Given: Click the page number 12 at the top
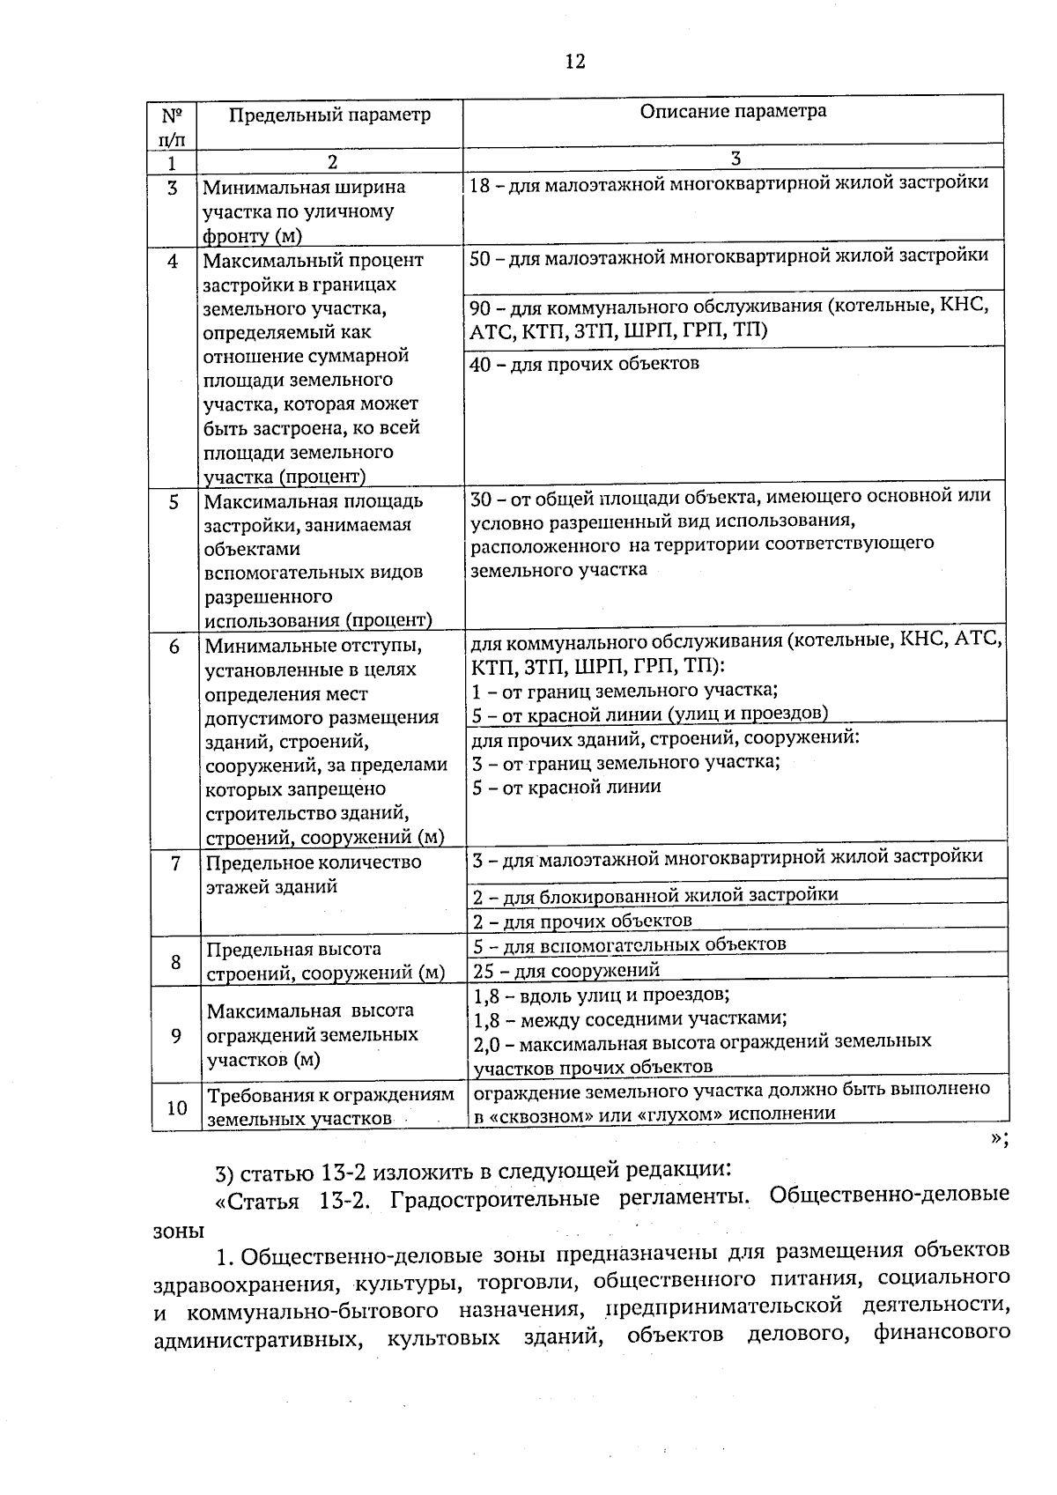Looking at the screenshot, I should (x=573, y=61).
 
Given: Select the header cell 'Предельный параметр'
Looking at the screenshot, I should (x=330, y=115).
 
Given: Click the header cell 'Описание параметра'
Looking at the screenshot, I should (x=733, y=111).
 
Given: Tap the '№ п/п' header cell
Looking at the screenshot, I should (x=173, y=127).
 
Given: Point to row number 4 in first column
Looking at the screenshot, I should (x=173, y=262).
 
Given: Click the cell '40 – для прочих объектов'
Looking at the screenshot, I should (x=585, y=364).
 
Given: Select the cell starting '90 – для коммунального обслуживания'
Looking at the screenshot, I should (x=728, y=318).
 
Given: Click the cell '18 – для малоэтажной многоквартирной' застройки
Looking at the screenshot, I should (x=728, y=184).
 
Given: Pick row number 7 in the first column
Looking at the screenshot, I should (x=176, y=863).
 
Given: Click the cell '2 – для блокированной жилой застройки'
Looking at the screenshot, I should (x=655, y=896).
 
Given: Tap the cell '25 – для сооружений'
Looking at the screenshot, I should (x=566, y=971).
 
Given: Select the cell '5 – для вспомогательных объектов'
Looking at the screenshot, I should (x=629, y=944).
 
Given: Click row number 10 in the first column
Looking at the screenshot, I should (x=177, y=1107).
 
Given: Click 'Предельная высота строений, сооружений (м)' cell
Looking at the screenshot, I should (x=325, y=961).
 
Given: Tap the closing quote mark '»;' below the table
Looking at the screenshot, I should (x=999, y=1138).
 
